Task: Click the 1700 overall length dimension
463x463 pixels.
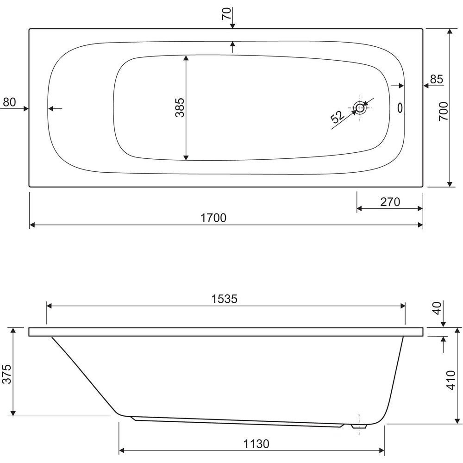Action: (x=213, y=218)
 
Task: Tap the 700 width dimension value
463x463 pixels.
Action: (x=444, y=111)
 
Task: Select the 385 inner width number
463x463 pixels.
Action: (x=180, y=107)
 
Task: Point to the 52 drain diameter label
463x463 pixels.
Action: (x=338, y=117)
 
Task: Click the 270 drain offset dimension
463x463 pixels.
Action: (x=390, y=202)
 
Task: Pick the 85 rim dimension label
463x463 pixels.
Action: (x=437, y=79)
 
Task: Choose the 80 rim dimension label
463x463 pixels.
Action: (x=9, y=102)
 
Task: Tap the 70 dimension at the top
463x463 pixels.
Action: (x=226, y=13)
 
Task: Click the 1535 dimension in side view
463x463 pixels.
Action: (x=225, y=299)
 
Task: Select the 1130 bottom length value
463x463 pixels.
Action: (x=257, y=444)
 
